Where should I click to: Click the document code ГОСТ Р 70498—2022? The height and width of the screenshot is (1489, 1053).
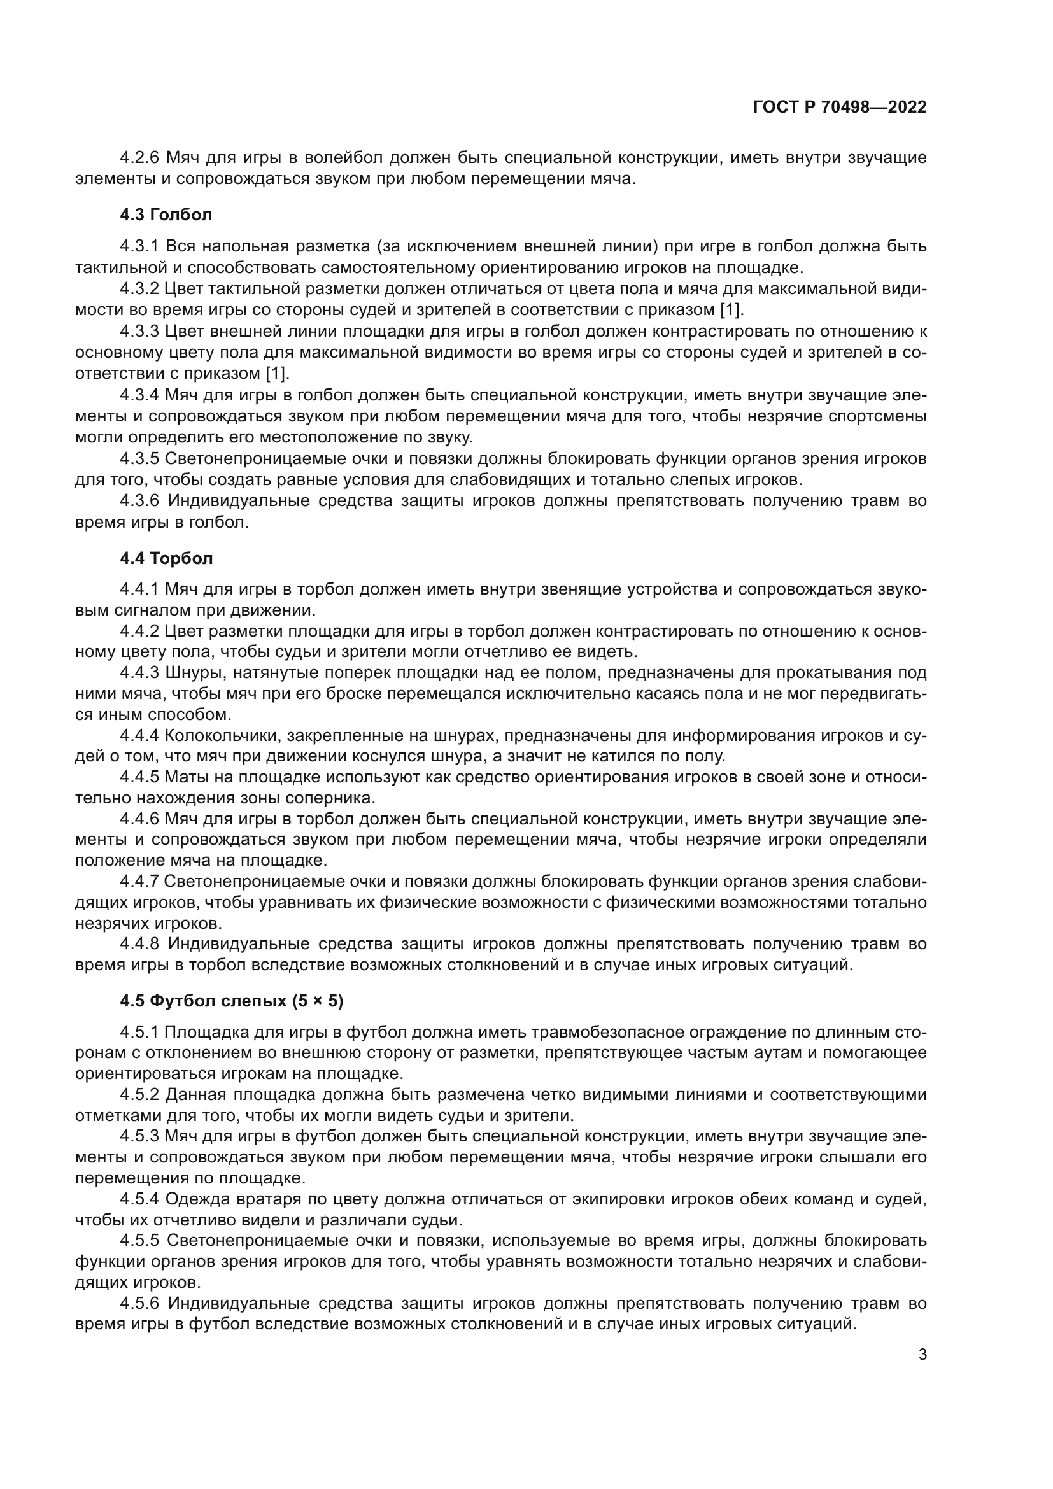(x=840, y=107)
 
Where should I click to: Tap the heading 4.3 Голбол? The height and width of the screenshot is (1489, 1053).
(x=166, y=214)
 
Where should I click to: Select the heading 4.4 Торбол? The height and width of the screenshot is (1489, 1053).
(x=166, y=558)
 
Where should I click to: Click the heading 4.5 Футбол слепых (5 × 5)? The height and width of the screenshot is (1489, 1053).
(x=232, y=1001)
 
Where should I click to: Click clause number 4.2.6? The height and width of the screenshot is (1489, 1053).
(x=139, y=157)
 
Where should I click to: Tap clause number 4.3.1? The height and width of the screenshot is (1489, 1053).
(x=139, y=246)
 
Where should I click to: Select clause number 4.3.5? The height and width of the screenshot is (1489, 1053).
(x=139, y=458)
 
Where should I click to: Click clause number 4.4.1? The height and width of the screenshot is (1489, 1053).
(x=139, y=589)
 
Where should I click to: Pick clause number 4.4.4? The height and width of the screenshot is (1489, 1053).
(x=139, y=735)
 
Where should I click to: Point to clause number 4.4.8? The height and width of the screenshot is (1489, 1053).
(x=139, y=943)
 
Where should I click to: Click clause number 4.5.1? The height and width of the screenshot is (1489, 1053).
(x=139, y=1032)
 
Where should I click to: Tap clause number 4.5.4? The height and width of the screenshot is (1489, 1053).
(x=139, y=1199)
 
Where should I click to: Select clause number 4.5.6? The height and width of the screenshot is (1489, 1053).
(x=139, y=1303)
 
